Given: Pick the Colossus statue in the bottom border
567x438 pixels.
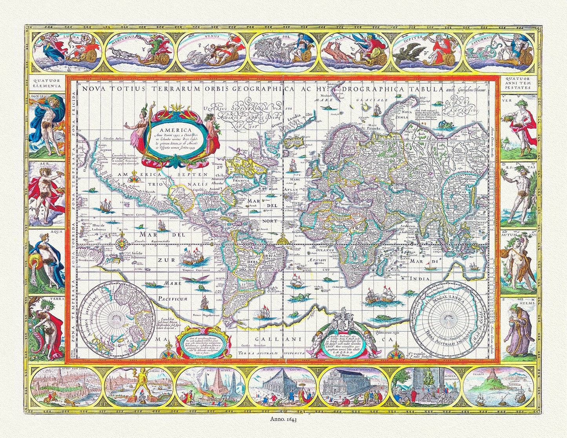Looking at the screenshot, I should (x=139, y=386).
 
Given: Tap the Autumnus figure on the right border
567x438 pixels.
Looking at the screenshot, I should (x=518, y=261).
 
